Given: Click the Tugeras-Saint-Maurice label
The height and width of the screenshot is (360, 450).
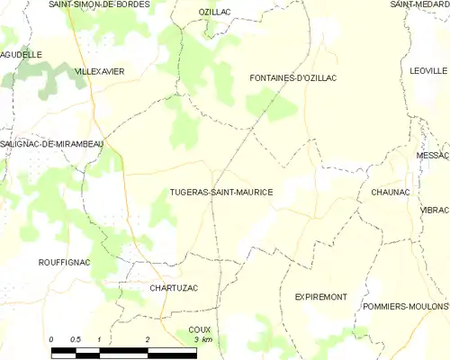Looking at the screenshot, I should click(220, 193).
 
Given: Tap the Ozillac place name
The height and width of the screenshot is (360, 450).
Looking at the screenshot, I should click(214, 11).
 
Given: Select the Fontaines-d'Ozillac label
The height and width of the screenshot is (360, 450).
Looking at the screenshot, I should click(292, 78).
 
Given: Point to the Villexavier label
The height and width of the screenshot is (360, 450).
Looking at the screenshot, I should click(99, 70).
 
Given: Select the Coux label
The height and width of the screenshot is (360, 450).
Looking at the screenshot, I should click(199, 329).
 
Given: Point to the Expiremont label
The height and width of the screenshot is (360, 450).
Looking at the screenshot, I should click(320, 297).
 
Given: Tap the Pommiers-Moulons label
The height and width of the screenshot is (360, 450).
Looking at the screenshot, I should click(404, 306).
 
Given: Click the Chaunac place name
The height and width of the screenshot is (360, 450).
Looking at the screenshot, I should click(390, 193).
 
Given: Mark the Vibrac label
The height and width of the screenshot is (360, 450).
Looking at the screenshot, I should click(434, 210).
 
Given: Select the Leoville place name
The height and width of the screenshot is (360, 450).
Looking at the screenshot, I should click(428, 70).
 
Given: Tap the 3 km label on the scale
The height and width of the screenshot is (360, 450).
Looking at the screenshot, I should click(203, 339).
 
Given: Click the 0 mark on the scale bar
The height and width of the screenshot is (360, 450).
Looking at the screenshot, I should click(51, 339).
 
